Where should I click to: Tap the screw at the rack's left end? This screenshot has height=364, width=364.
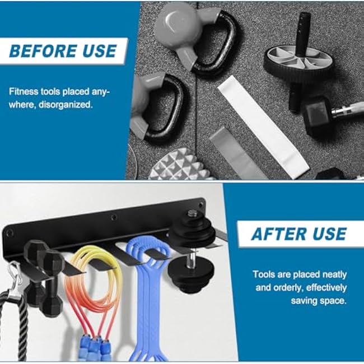tap(10, 231)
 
